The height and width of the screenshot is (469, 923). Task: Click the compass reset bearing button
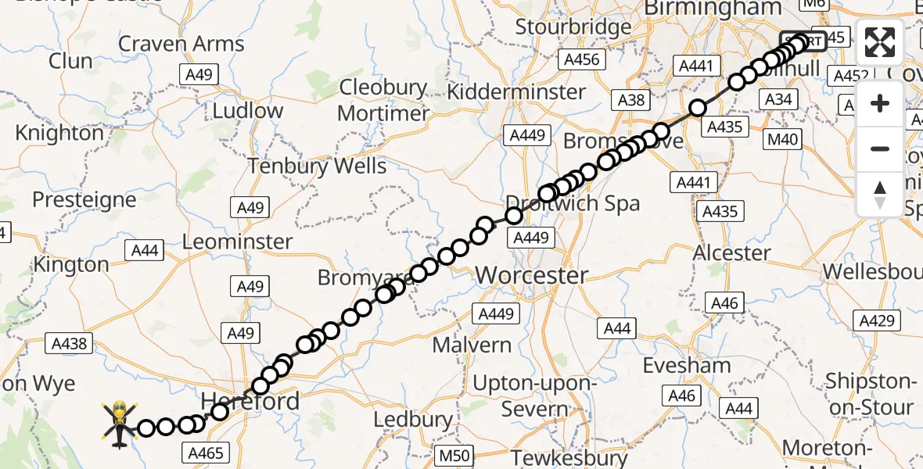(880, 194)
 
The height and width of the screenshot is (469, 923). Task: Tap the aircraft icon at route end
(120, 424)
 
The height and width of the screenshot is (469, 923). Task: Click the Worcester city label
(532, 275)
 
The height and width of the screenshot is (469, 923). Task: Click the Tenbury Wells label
(317, 166)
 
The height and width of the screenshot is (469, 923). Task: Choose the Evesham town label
(687, 365)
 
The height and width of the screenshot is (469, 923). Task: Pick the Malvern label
(472, 344)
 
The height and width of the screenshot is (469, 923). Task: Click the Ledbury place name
(414, 419)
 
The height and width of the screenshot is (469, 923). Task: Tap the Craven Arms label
(181, 43)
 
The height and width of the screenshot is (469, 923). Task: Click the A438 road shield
(70, 342)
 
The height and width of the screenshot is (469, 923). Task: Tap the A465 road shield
(206, 452)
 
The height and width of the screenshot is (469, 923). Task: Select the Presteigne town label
(84, 199)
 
